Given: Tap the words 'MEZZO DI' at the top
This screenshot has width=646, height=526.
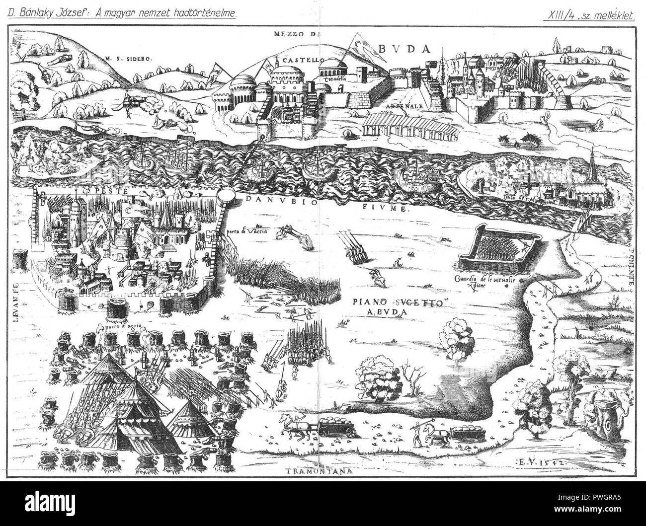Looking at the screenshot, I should point(298,34).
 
